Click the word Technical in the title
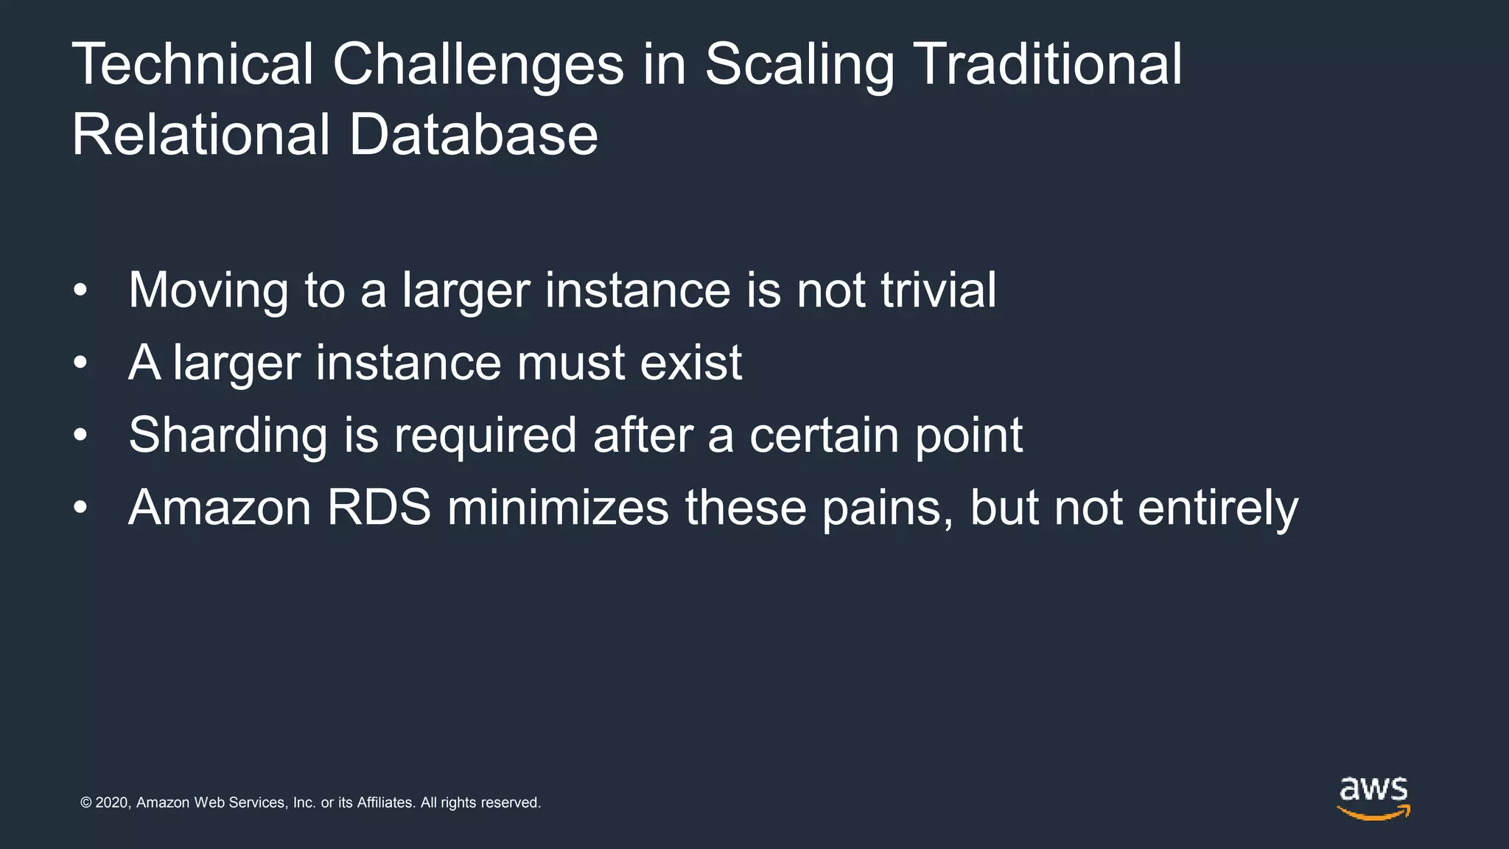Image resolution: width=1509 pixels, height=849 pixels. [193, 65]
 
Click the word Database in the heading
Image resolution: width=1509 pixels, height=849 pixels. [474, 136]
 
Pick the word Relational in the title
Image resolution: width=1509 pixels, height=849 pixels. [201, 136]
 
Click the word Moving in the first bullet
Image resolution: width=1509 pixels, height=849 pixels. [209, 290]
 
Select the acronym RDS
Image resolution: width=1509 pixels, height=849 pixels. [379, 508]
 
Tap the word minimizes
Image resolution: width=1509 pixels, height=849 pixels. [558, 508]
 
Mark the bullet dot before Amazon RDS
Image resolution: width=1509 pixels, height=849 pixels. [80, 508]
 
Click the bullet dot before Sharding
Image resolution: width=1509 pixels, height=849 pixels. [80, 435]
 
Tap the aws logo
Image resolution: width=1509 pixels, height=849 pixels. [1373, 798]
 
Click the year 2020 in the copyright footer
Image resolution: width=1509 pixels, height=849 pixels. [113, 803]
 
